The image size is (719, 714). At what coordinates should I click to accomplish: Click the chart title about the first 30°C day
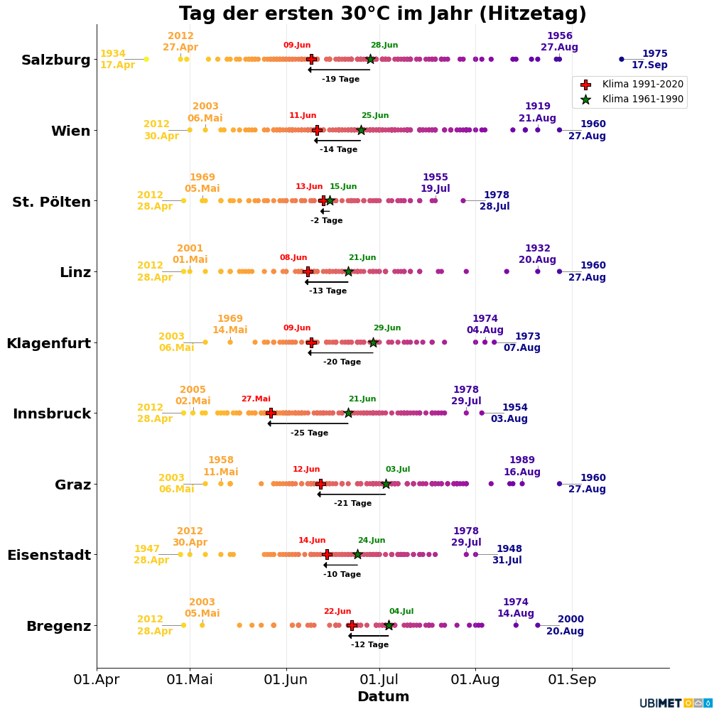click(382, 14)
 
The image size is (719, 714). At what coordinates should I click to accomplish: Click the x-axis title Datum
click(383, 697)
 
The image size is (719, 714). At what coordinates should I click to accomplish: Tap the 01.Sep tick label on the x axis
click(572, 679)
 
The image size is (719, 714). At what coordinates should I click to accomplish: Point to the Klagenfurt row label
click(48, 344)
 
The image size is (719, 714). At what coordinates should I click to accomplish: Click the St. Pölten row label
click(51, 202)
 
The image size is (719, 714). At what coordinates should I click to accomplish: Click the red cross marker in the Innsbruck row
click(271, 413)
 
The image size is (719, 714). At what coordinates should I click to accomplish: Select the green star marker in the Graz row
click(386, 484)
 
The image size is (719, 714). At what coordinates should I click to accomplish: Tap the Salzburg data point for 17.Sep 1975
click(621, 59)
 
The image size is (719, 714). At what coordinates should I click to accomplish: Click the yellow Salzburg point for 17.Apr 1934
click(146, 59)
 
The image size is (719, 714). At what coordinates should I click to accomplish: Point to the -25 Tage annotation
click(309, 433)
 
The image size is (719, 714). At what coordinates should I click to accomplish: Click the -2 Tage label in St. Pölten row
click(326, 221)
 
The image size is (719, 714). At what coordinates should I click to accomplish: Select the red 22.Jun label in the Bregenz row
click(337, 612)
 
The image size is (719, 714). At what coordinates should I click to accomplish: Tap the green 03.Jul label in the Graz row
click(398, 470)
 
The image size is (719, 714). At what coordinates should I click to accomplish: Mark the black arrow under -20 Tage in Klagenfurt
click(340, 352)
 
